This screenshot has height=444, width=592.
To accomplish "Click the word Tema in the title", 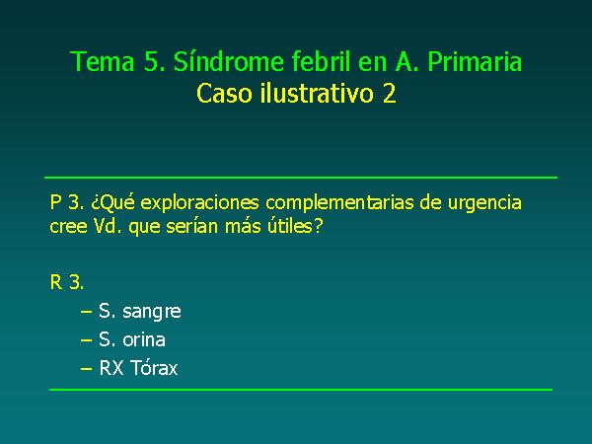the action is coord(103,61).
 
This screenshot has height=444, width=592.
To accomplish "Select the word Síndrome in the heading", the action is coord(229,60).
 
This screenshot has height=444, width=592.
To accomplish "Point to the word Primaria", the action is coord(475,61).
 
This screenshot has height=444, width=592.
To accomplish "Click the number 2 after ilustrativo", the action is coord(390,93).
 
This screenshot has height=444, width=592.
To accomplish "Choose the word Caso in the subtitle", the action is coord(224,93).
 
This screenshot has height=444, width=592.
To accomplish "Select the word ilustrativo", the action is coord(317,93).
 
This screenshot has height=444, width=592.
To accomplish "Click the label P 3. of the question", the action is coord(67,202).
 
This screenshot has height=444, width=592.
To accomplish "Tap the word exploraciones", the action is coord(199,203).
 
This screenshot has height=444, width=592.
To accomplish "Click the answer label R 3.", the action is coord(67,282).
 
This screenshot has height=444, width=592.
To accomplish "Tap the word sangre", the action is coord(152,313).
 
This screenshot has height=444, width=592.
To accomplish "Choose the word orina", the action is coord(144,339).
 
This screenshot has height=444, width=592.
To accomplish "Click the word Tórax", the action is coord(154,367).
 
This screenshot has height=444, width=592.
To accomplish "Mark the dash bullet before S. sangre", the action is coord(87,312).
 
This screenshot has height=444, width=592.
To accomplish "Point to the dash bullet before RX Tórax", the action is coord(87,368).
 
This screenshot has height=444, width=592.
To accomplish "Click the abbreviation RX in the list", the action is coord(111,368).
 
